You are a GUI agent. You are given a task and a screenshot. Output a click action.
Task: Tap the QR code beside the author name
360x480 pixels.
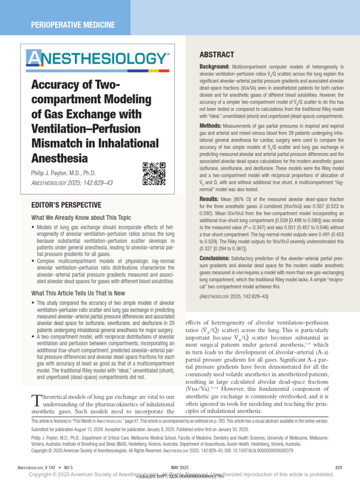[154, 173]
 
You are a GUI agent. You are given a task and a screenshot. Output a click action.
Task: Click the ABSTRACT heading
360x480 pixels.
[217, 55]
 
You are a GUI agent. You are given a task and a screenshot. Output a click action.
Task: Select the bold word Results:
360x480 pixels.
[209, 199]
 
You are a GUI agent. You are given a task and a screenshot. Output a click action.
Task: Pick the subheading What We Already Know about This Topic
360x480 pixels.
[81, 217]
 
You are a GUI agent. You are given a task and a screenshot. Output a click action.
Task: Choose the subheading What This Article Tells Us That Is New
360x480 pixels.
[78, 293]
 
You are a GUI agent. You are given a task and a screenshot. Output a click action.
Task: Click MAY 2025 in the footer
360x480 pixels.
[180, 467]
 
